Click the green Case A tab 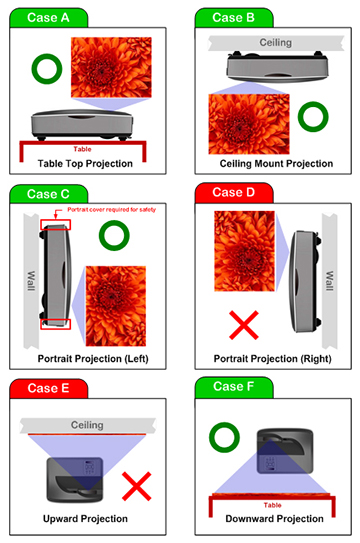click(48, 17)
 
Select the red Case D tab click(234, 192)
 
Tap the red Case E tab click(48, 388)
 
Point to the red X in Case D click(244, 325)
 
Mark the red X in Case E click(137, 486)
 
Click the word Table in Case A click(82, 149)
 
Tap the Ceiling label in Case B click(276, 43)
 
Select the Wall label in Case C click(31, 281)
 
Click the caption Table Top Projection click(85, 163)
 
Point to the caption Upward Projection click(85, 518)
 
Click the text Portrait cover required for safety click(111, 210)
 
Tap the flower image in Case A click(111, 67)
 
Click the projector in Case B click(278, 66)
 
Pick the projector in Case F click(285, 451)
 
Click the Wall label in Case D click(330, 281)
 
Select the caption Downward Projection click(274, 518)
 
